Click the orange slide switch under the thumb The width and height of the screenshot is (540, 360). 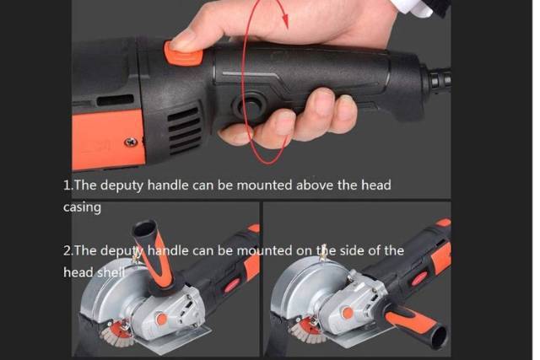(183, 53)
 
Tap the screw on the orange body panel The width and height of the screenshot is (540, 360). (131, 142)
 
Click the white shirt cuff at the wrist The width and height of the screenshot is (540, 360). (413, 6)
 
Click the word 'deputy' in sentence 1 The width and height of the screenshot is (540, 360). (121, 185)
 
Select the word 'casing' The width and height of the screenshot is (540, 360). (82, 207)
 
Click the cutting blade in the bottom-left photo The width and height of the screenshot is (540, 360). (114, 332)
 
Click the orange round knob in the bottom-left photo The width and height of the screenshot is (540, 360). (161, 319)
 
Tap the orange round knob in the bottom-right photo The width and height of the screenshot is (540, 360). (348, 313)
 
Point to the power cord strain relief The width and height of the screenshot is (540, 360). (440, 79)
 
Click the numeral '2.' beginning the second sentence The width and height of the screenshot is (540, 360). (67, 250)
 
